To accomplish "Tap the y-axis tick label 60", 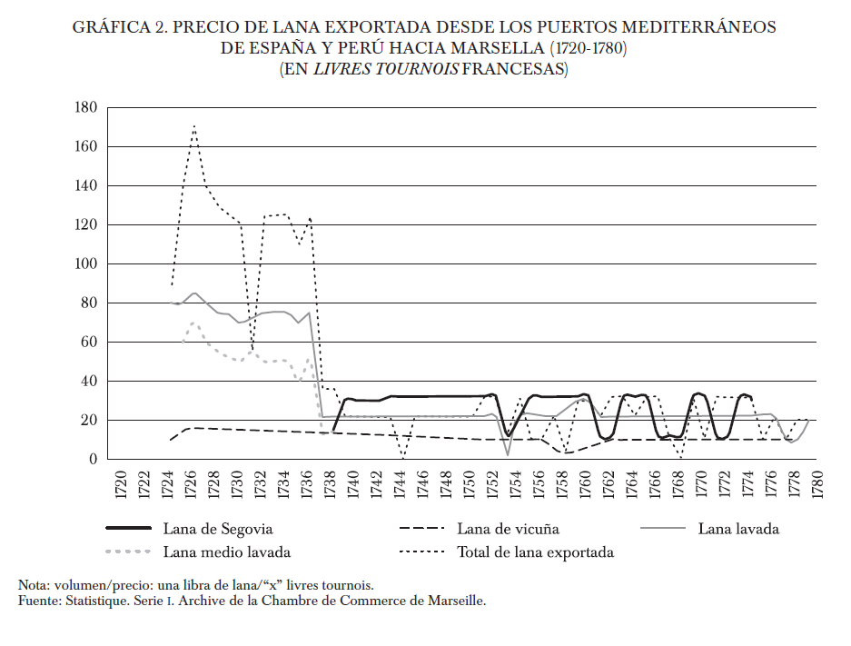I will tap(88, 342).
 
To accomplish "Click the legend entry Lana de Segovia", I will tap(218, 529).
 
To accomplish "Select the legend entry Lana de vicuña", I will tap(509, 529).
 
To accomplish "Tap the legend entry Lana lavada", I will tap(738, 529).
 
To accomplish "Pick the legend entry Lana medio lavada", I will tap(227, 552).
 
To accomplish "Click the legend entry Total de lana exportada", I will tap(535, 552).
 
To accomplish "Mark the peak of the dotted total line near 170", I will tap(194, 125).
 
